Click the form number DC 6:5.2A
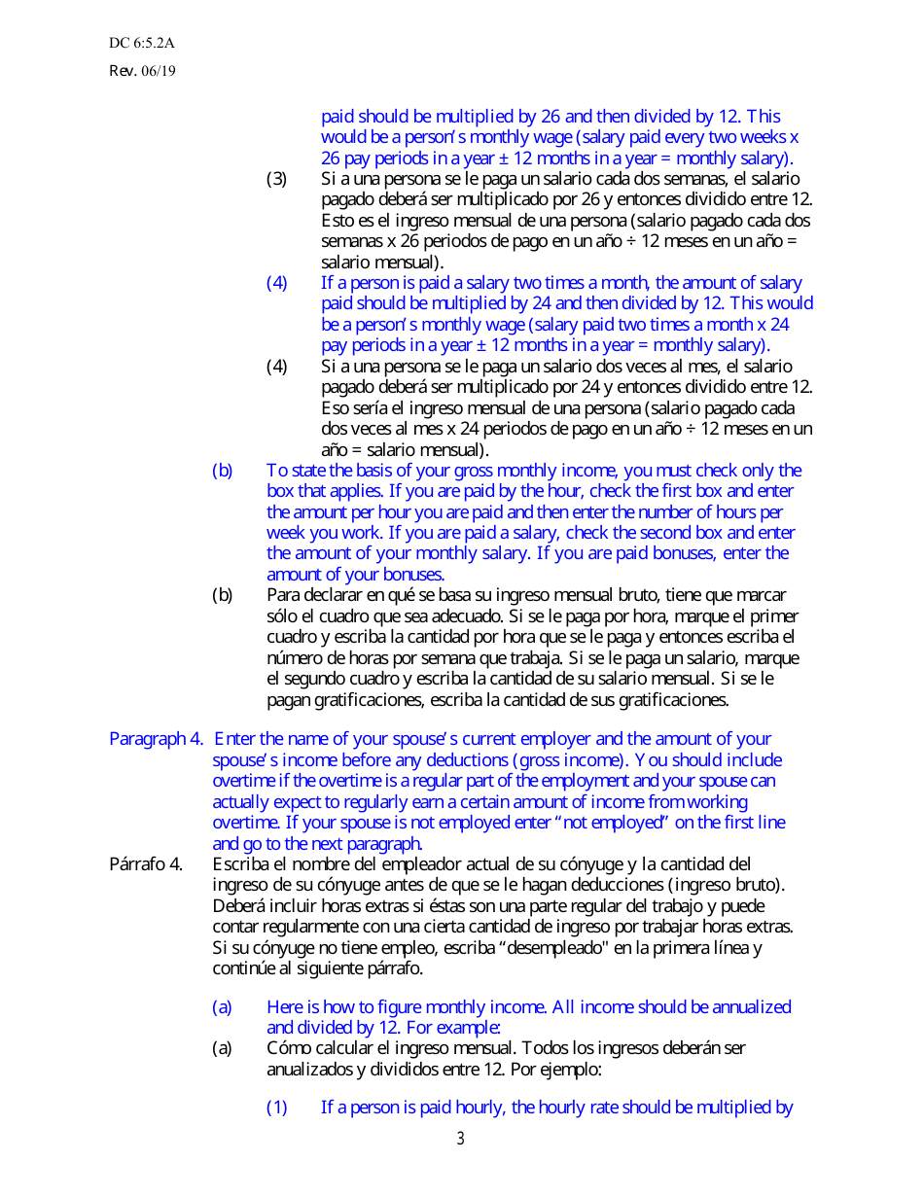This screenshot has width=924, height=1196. coord(142,43)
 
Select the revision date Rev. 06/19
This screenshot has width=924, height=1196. coord(142,70)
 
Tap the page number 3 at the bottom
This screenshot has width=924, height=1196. coord(461,1139)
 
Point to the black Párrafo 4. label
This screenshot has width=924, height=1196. coord(146,864)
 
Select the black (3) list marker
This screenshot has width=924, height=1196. coord(277,179)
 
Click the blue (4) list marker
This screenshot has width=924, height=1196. coord(277,283)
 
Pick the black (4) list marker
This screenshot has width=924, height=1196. coord(277,367)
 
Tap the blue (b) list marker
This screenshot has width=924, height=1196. coord(223,471)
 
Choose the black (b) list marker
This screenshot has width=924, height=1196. coord(223,595)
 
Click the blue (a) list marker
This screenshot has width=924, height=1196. coord(223,1007)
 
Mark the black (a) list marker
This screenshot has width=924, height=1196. coord(223,1049)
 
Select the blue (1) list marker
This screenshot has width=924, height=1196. coord(277,1108)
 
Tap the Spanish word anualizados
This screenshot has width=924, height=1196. coord(311,1070)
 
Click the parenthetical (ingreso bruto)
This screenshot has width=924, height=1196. coord(725,885)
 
